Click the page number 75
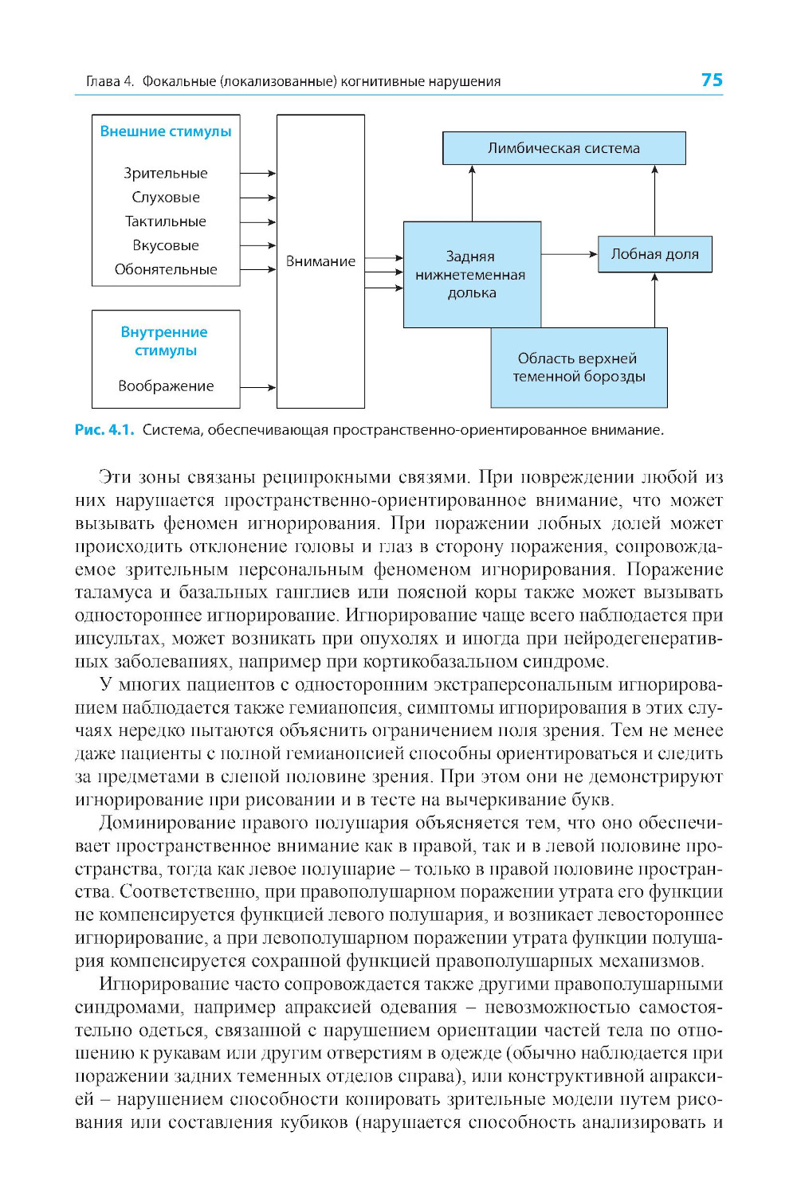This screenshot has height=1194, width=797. point(712,80)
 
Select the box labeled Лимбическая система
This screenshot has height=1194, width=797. point(563,148)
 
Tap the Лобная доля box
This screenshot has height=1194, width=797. point(654,254)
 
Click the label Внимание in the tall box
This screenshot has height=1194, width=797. point(320,261)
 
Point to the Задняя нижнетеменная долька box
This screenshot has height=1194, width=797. point(471,274)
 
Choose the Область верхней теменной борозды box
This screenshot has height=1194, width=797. point(579,367)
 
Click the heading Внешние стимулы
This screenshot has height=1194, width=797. point(166,131)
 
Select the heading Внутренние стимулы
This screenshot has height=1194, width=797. point(164,341)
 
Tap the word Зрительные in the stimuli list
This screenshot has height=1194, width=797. point(166,173)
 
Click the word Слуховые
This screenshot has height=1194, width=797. point(166,197)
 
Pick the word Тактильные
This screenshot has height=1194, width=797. point(166,221)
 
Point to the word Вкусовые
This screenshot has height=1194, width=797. point(166,245)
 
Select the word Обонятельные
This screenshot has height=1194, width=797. point(166,269)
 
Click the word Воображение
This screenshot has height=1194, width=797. point(166,386)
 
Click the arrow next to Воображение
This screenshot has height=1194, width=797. point(257,387)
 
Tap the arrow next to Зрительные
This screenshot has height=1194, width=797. point(257,173)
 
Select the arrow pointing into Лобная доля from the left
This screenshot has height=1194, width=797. point(569,254)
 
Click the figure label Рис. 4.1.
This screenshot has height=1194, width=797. point(104,430)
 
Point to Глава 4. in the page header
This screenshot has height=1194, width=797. point(109,81)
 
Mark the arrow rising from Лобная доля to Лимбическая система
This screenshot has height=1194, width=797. point(654,200)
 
